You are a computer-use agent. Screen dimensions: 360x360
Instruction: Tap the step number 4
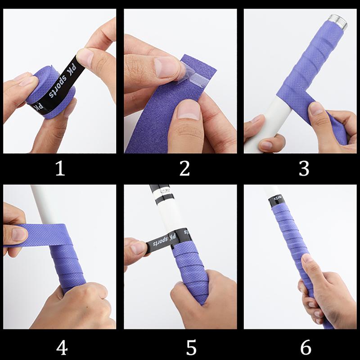(x=62, y=347)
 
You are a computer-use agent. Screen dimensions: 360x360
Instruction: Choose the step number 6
(x=305, y=347)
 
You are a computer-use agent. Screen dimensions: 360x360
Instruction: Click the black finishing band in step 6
(x=275, y=198)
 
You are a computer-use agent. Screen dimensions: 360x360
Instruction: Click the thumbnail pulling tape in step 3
(x=317, y=108)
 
